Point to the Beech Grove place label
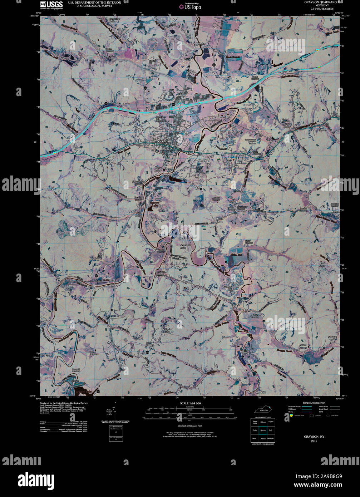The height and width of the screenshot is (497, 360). pos(219,220)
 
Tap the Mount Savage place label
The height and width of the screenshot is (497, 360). pos(302,346)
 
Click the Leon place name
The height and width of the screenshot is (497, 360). pos(99,281)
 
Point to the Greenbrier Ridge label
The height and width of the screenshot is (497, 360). pos(183,246)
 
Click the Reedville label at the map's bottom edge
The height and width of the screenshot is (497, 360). pos(261,393)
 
